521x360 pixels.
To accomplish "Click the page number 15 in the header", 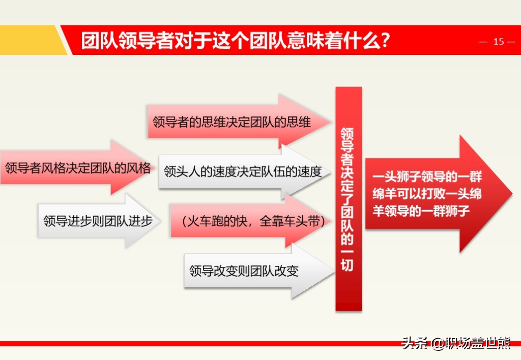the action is point(499,42).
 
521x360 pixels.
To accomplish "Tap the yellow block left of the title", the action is point(32,40).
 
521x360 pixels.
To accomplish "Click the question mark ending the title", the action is point(385,41).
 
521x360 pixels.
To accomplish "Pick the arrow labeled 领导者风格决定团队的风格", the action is point(77,167).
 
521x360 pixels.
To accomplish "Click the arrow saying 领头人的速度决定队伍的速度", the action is point(244,171).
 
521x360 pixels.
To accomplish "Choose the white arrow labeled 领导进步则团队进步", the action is point(99,221).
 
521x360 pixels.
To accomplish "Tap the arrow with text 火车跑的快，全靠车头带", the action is point(251,221).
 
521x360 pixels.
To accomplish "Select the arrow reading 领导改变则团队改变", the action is point(259,271).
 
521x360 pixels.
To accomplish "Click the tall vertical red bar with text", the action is point(349,199).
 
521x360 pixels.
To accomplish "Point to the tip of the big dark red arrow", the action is point(512,193).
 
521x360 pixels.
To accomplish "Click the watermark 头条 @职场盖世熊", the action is point(456,343).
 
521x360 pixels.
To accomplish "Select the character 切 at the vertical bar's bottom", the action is point(347,265).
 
